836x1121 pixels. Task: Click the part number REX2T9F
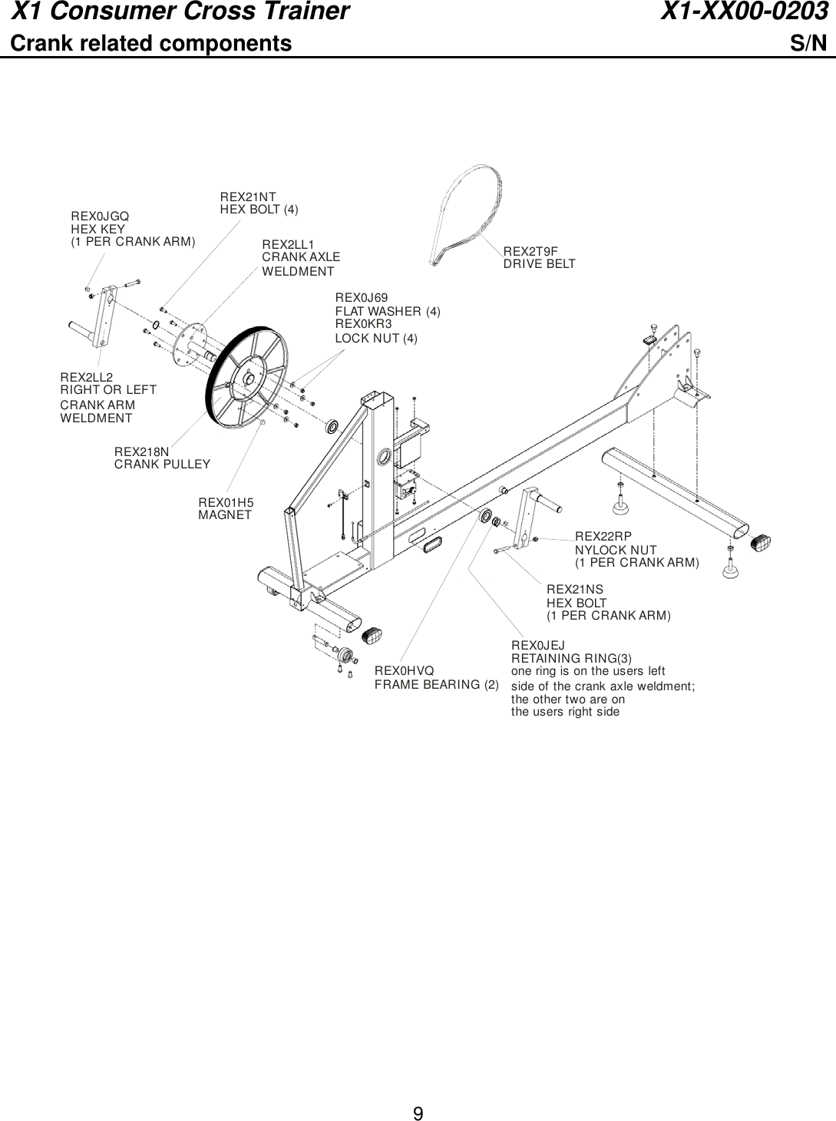point(530,251)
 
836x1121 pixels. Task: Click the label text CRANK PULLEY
point(162,464)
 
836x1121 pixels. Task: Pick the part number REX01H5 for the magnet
point(226,502)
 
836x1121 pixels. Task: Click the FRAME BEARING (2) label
point(436,684)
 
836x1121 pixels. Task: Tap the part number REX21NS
point(574,589)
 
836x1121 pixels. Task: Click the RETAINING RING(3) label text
point(571,658)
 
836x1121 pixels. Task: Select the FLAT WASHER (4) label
point(388,311)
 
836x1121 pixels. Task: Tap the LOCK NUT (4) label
point(376,338)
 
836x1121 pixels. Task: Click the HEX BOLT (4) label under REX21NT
point(259,209)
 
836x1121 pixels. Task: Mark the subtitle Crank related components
point(150,43)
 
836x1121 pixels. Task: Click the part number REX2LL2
point(86,377)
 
